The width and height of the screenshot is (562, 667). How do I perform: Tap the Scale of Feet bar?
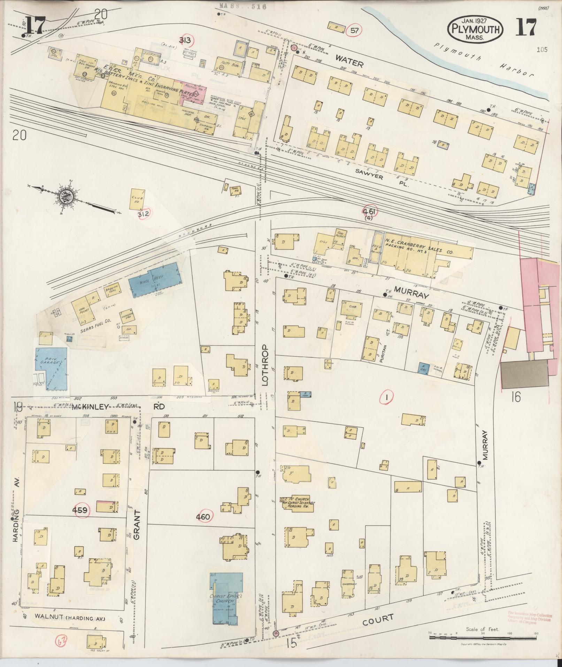tap(482, 637)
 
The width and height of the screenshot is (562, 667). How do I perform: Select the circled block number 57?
tap(354, 31)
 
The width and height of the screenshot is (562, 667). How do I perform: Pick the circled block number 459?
tap(80, 510)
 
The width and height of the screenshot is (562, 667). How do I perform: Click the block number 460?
tap(203, 517)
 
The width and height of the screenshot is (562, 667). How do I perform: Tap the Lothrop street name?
tap(265, 365)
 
